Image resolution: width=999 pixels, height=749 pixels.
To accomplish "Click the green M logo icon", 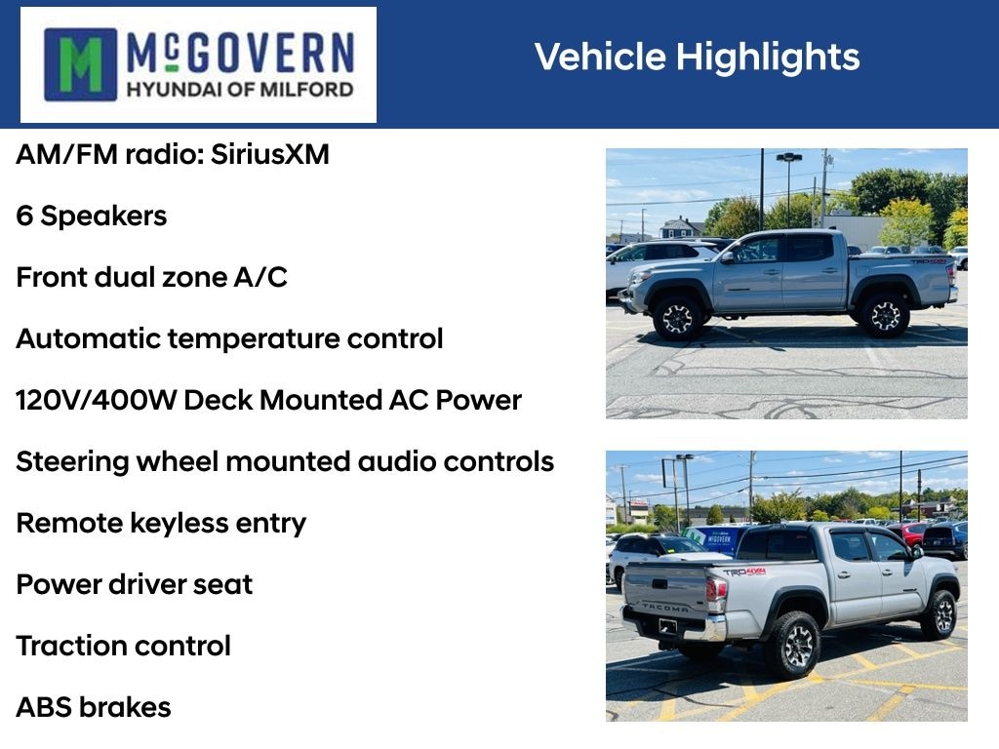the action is coord(80,64).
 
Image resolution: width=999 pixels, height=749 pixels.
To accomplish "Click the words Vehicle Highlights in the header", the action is coord(697,57).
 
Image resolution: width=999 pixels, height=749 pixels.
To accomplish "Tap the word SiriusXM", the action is coord(270,154).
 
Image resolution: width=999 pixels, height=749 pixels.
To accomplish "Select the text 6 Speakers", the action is coord(91,216).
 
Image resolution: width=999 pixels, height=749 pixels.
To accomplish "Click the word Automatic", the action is coord(89,338).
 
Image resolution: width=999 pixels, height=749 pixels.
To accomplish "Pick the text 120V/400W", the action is coord(96,400).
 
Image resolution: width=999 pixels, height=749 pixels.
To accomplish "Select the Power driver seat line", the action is coord(135,584).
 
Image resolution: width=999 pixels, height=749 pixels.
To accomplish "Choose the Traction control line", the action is coord(124,646).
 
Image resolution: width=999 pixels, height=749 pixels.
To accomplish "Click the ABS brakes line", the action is coord(94,708).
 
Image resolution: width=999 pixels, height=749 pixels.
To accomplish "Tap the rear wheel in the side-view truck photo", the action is coord(885,315).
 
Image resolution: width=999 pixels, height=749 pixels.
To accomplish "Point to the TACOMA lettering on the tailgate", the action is coord(665,608).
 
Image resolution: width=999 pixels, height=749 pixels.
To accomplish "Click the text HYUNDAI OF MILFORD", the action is coord(240,89).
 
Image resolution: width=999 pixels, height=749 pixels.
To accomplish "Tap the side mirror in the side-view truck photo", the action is coord(727,257).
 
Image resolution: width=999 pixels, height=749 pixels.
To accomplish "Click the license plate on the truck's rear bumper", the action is coord(667,626).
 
